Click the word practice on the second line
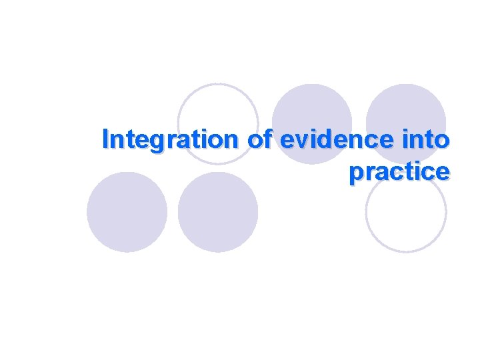pos(399,171)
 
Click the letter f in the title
pos(269,139)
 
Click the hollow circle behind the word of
pos(219,124)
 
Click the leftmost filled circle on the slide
pos(127,212)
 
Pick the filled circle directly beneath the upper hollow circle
pos(218,212)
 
